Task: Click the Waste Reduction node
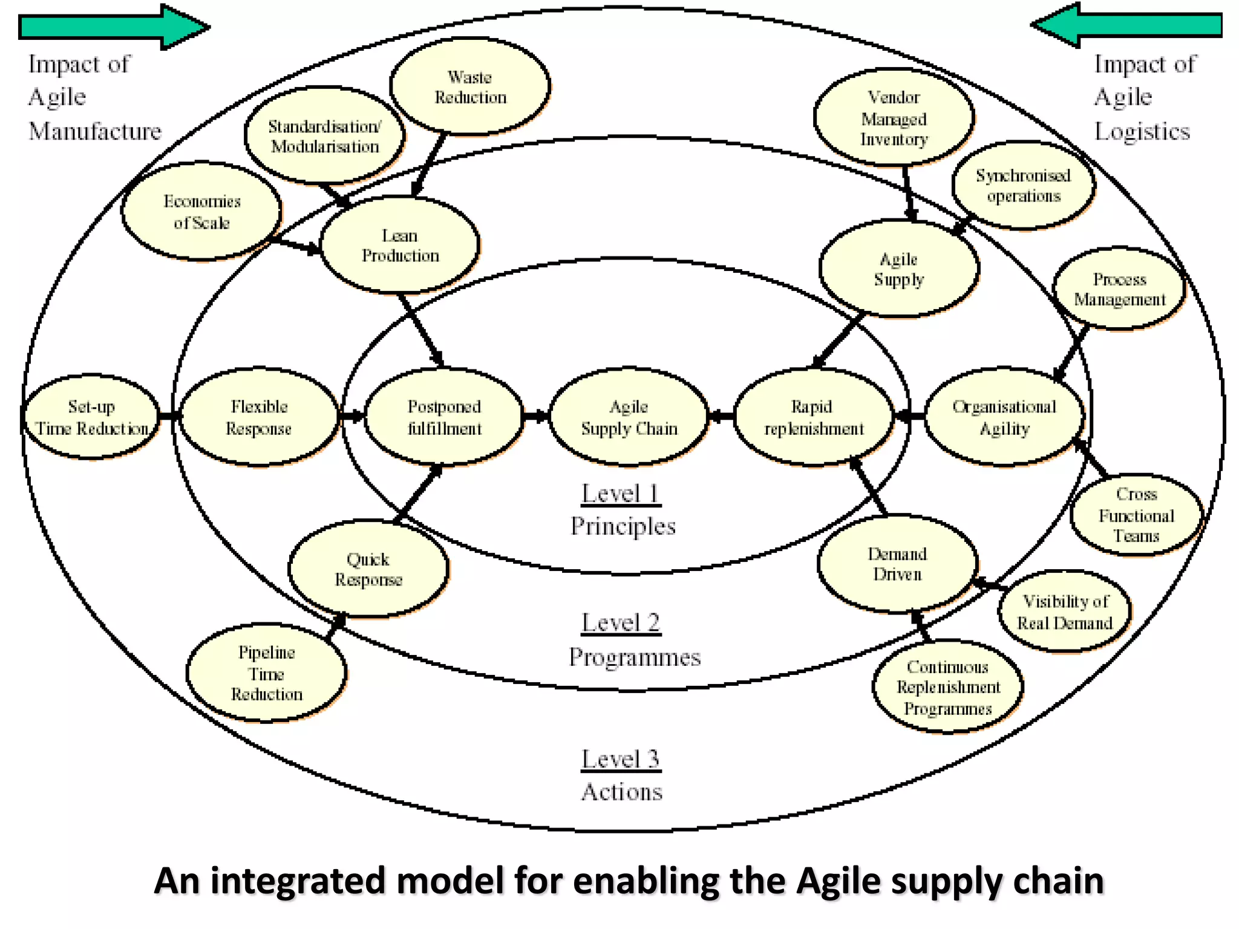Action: [470, 86]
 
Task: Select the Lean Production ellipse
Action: [399, 245]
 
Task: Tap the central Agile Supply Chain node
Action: [629, 417]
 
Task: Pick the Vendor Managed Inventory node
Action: [894, 117]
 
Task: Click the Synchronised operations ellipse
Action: [1023, 186]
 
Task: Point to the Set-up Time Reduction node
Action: [91, 417]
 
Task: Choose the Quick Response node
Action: [368, 569]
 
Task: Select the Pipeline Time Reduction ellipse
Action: [266, 673]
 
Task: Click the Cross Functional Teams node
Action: [1136, 515]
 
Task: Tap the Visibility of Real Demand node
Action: [1064, 611]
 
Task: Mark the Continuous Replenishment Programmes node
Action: [947, 687]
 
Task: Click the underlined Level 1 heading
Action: [621, 494]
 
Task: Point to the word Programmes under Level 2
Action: [635, 657]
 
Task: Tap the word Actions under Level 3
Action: [622, 792]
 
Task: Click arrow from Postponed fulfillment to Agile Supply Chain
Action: [536, 416]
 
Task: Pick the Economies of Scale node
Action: [201, 211]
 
